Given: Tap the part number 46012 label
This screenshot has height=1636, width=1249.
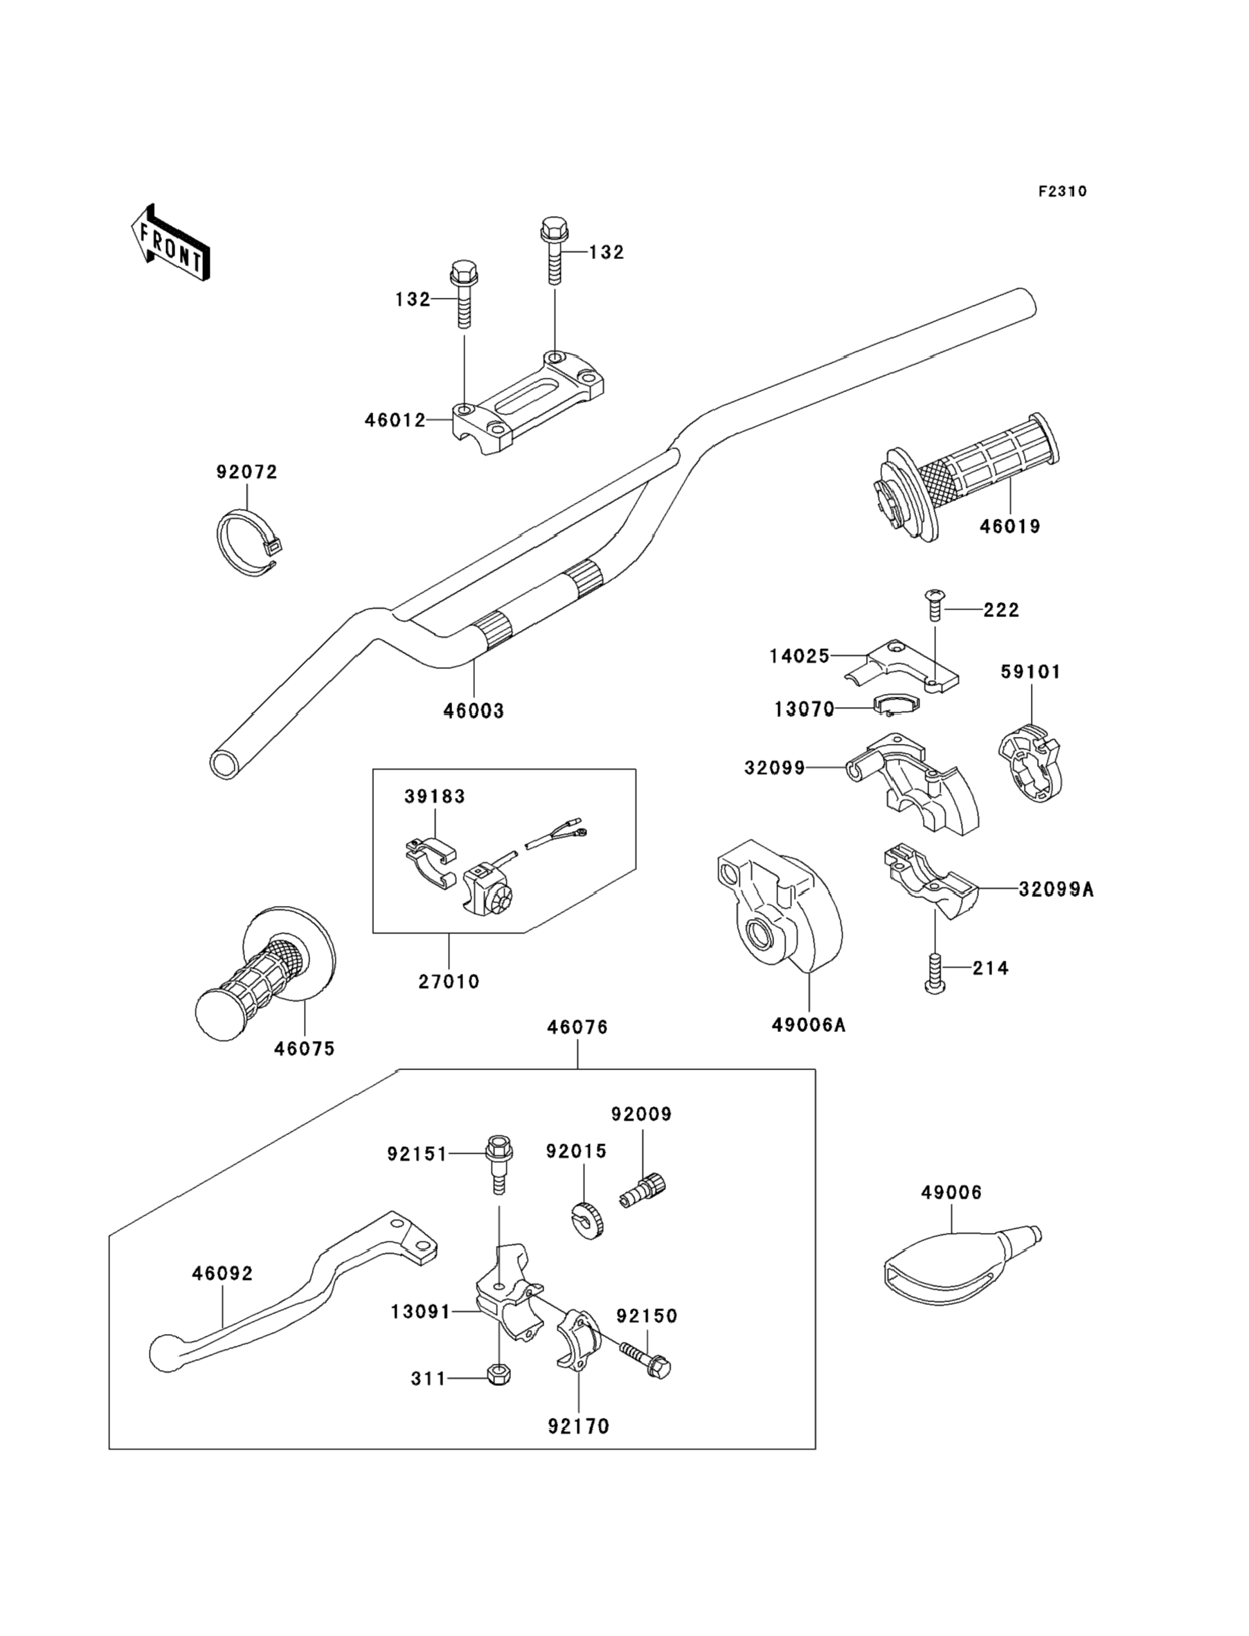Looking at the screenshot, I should click(x=395, y=420).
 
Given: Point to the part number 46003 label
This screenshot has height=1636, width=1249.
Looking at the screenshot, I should click(x=474, y=711).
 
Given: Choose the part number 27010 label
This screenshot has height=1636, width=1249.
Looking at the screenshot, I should click(x=449, y=981).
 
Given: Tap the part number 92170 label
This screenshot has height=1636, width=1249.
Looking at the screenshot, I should click(x=578, y=1426).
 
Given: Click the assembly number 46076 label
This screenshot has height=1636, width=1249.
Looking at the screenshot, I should click(x=577, y=1027).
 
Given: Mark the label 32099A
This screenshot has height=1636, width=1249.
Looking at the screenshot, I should click(x=1056, y=889).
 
